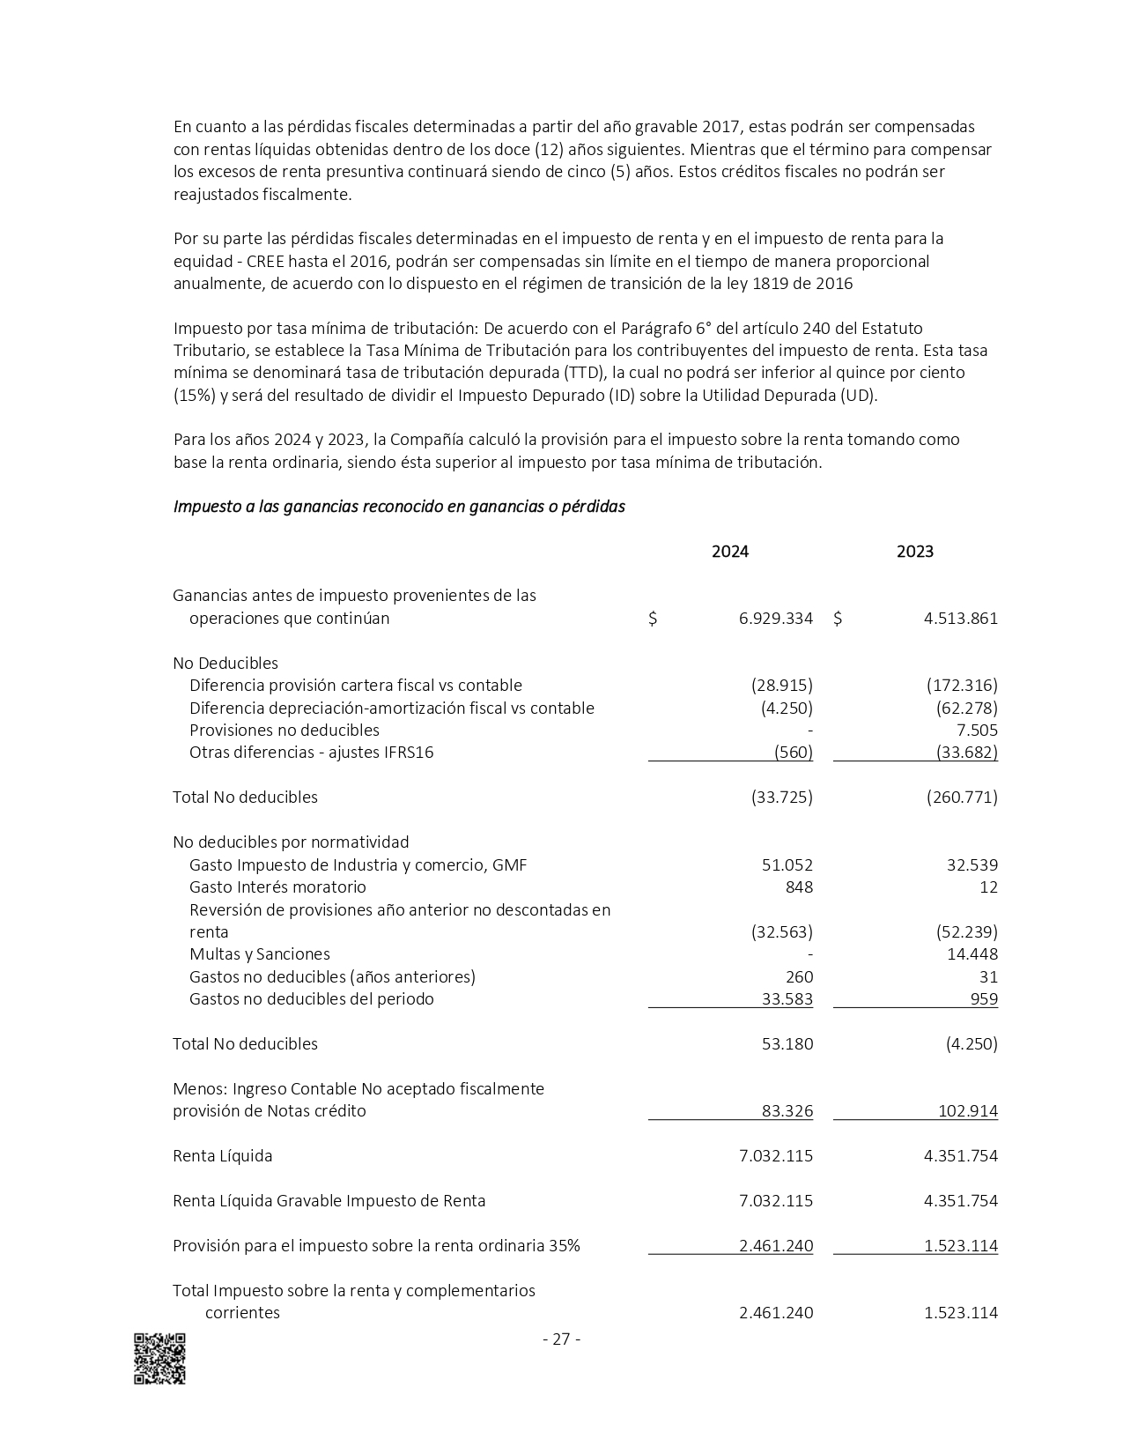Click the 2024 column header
point(729,552)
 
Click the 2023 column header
point(914,552)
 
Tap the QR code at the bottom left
point(159,1358)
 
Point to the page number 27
point(561,1339)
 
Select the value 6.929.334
point(775,619)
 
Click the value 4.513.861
point(960,619)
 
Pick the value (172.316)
point(962,686)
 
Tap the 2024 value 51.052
point(787,865)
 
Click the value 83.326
point(787,1111)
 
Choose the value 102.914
point(968,1111)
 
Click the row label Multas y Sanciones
point(259,954)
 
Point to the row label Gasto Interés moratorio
point(277,887)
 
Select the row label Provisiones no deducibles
point(284,731)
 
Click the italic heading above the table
point(399,507)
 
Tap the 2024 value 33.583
point(787,999)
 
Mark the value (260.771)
point(962,797)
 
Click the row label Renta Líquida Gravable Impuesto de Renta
point(329,1201)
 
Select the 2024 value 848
point(799,887)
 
